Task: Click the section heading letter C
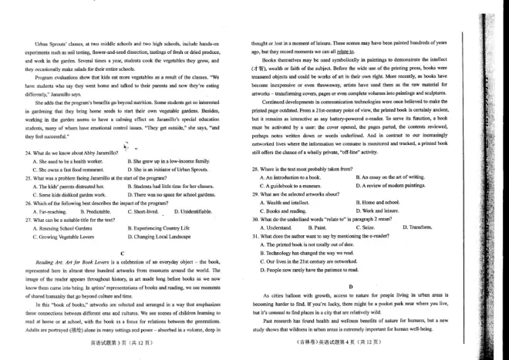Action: pos(123,254)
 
